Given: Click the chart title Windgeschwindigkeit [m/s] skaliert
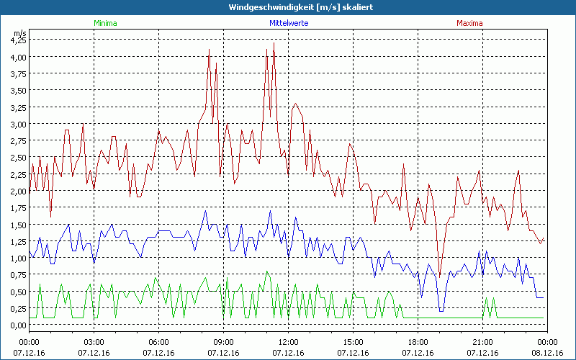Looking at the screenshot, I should (x=288, y=6).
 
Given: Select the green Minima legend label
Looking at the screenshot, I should (x=104, y=23).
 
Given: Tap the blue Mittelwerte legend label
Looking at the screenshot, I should (x=288, y=23).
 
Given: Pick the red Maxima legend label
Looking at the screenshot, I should (x=470, y=23).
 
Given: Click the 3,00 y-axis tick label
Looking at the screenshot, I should (x=18, y=124).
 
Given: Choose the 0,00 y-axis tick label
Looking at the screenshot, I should (x=18, y=325).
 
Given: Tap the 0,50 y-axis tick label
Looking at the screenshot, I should (x=18, y=291).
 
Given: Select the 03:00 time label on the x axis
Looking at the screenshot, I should (x=94, y=342).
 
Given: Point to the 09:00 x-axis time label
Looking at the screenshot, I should (x=223, y=342).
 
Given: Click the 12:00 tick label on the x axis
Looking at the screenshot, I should (x=288, y=342).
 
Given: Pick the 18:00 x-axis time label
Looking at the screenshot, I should (x=418, y=342).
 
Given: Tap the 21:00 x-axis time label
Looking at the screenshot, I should (x=482, y=342).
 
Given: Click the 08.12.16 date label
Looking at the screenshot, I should (x=547, y=352).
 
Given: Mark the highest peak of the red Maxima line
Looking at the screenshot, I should (x=274, y=43).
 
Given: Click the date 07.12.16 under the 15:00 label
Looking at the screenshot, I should (x=353, y=352).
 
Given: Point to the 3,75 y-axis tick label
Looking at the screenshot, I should (x=18, y=74).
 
